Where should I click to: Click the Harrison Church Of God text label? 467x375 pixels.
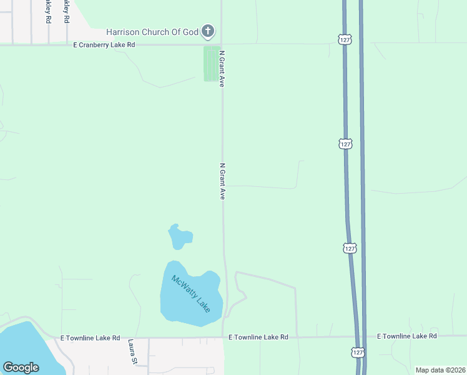pos(152,31)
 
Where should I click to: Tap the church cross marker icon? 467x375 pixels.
pos(209,31)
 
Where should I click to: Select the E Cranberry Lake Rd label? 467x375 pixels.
pos(104,45)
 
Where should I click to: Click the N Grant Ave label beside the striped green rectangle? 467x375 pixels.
pos(222,68)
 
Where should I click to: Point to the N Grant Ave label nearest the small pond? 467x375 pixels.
pos(222,181)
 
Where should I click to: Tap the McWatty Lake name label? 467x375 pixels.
pos(191,294)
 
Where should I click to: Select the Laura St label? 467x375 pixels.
pos(132,352)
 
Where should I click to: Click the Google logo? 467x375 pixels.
pos(21,367)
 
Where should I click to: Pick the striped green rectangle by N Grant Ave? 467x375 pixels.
pos(212,64)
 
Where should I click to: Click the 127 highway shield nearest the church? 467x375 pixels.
pos(344,39)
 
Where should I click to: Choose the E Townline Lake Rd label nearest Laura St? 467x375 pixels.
pos(90,337)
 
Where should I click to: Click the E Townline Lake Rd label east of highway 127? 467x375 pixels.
pos(407,336)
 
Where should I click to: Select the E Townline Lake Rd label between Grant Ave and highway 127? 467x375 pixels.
pos(258,337)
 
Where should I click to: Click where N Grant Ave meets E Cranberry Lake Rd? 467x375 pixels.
pos(222,44)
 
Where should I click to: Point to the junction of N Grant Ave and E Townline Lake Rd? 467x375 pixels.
pos(224,337)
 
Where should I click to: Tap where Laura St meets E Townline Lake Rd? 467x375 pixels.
pos(149,338)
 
